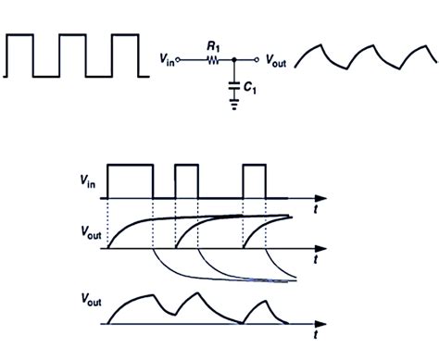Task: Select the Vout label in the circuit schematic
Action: pos(282,61)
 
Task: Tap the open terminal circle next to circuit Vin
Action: pos(181,60)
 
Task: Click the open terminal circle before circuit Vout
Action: pos(262,60)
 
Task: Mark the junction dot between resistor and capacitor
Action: pos(234,60)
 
